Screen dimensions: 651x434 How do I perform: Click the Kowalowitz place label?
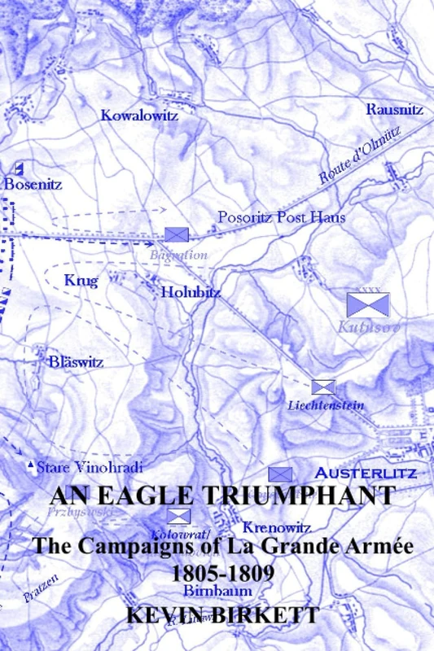click(x=139, y=116)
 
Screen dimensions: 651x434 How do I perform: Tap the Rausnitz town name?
click(x=394, y=109)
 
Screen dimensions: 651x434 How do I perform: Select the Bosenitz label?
click(x=33, y=185)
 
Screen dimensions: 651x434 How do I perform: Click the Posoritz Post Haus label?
click(x=282, y=217)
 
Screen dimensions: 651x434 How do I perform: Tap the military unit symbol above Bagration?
click(x=177, y=234)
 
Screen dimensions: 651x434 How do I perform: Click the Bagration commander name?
click(x=178, y=255)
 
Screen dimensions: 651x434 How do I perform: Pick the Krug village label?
click(x=81, y=282)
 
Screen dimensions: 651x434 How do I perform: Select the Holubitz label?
click(x=191, y=291)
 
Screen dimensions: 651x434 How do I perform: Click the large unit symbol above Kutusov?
click(x=368, y=305)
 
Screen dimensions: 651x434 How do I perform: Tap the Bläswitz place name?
click(x=76, y=362)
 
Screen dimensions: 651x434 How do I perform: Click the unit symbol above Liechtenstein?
click(x=323, y=387)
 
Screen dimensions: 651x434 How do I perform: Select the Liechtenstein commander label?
click(x=326, y=405)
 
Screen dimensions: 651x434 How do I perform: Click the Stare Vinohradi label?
click(x=90, y=467)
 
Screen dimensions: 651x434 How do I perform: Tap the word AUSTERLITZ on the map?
click(x=366, y=473)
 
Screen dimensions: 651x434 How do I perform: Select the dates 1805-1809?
click(x=222, y=573)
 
